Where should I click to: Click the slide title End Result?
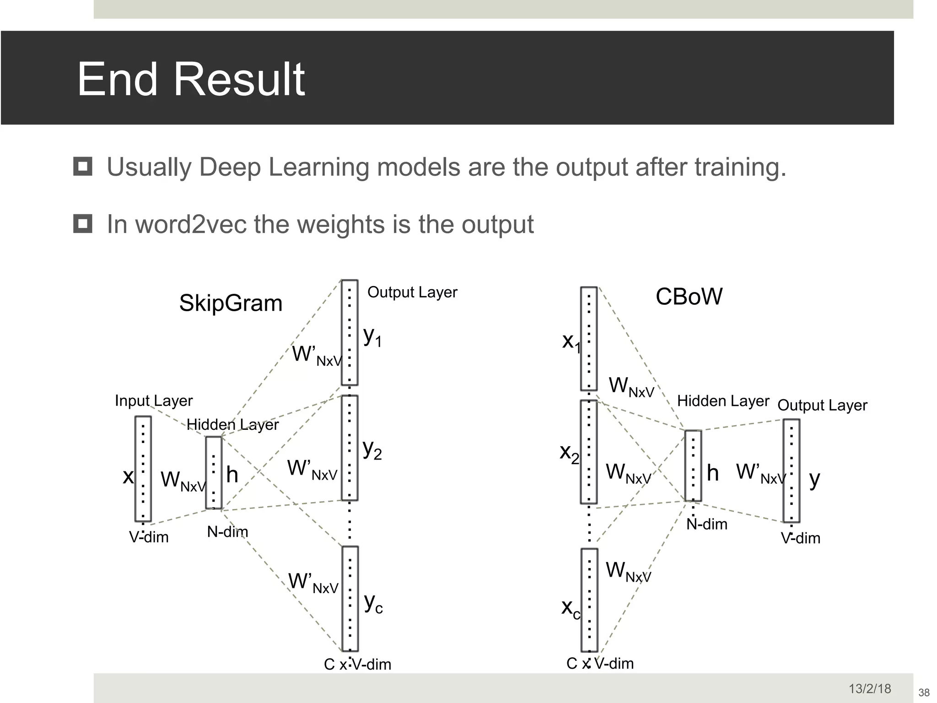[x=191, y=79]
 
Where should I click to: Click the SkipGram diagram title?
[x=231, y=303]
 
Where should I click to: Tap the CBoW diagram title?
[x=689, y=297]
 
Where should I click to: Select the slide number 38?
[x=924, y=692]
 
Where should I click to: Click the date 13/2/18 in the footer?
[x=870, y=688]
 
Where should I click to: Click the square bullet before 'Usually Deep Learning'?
[x=83, y=167]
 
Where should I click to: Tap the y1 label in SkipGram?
[x=372, y=337]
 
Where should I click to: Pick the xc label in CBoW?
[x=571, y=608]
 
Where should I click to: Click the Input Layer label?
[x=154, y=400]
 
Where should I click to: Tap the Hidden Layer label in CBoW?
[x=723, y=401]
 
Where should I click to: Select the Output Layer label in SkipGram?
[x=412, y=292]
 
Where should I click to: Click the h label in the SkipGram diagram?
[x=232, y=475]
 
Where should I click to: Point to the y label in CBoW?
[x=814, y=480]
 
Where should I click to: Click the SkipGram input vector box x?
[x=143, y=469]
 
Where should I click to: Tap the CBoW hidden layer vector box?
[x=693, y=465]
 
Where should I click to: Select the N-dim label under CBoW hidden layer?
[x=706, y=524]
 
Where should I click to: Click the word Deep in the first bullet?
[x=230, y=167]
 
